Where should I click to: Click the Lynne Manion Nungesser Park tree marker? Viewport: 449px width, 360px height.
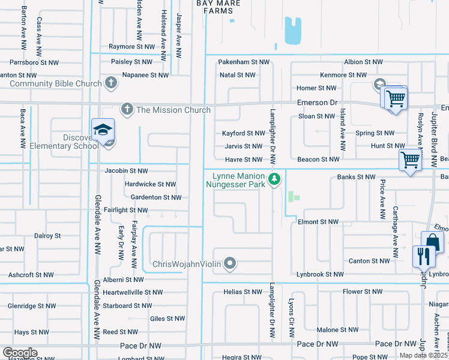click(x=274, y=178)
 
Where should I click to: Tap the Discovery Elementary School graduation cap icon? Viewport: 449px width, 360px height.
click(x=103, y=130)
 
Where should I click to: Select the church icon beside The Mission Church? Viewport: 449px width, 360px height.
click(x=127, y=109)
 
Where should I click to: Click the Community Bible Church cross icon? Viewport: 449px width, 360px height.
click(x=110, y=83)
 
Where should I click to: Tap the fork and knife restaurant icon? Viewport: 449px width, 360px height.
click(x=424, y=256)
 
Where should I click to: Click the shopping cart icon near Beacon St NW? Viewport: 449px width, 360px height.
click(x=410, y=160)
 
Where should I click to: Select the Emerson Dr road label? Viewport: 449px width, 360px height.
click(x=318, y=103)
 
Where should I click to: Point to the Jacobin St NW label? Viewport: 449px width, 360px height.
click(x=126, y=171)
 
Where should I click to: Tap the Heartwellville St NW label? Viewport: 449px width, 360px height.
click(x=133, y=292)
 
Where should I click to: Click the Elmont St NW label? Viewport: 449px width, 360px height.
click(x=318, y=221)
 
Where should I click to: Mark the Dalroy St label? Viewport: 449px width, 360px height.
click(x=47, y=236)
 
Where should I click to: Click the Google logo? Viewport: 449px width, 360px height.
click(x=20, y=352)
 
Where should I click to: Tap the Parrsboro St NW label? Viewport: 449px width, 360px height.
click(x=34, y=62)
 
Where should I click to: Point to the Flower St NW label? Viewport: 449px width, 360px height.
click(x=362, y=292)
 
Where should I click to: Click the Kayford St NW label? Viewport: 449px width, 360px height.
click(x=243, y=133)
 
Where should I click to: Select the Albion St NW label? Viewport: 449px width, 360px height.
click(x=363, y=62)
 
